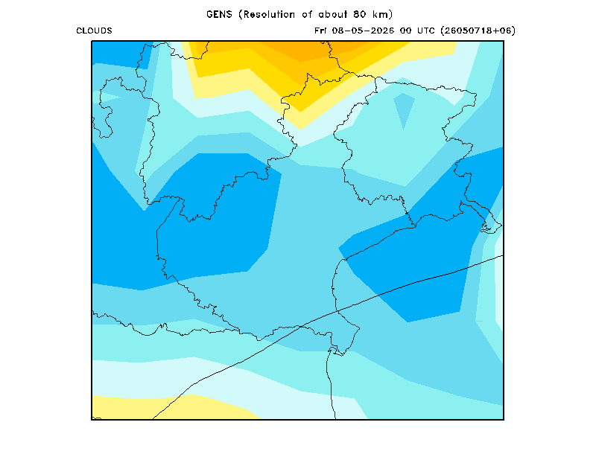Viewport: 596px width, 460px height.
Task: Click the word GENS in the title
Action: [219, 14]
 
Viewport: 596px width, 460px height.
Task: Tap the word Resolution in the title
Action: [269, 14]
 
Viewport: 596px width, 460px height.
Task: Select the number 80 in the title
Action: [359, 14]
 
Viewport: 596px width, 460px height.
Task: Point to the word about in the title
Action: [332, 14]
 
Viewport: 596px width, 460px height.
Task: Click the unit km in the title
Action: [381, 14]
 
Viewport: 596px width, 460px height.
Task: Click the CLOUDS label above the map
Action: [95, 31]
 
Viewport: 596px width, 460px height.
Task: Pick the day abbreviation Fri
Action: [320, 31]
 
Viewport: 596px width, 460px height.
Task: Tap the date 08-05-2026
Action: [363, 31]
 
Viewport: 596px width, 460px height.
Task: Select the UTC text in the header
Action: [425, 31]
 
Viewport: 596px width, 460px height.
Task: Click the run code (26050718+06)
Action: [478, 31]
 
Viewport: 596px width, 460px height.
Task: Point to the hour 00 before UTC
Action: [405, 31]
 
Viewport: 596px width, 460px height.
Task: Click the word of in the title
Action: [307, 14]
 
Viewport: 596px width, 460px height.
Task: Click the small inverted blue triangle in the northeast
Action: [404, 107]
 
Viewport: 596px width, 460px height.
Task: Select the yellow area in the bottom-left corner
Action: [159, 408]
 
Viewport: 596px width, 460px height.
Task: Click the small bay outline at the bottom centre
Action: [338, 351]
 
